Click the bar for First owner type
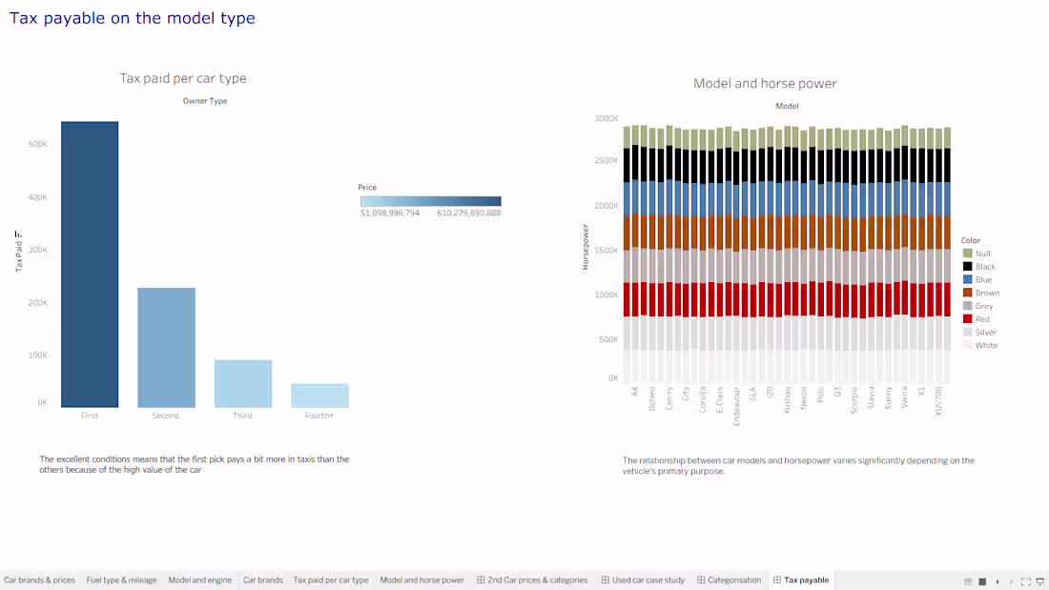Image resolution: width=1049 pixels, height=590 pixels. [90, 264]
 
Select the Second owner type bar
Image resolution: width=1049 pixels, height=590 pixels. [167, 348]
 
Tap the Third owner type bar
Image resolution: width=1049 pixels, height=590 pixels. [243, 383]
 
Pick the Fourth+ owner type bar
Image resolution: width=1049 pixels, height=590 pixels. [319, 396]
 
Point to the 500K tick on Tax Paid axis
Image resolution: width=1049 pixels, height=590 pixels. [37, 145]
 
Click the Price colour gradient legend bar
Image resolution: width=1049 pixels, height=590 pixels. [431, 201]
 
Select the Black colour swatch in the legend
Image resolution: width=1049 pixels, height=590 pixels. [967, 266]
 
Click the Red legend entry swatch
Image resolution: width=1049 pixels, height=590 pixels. [967, 319]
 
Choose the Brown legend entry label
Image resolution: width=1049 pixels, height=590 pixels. [987, 293]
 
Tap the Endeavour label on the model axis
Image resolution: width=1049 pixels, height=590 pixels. [736, 406]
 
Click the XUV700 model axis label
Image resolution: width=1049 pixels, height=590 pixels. [938, 401]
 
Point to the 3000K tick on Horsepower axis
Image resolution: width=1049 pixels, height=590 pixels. [607, 118]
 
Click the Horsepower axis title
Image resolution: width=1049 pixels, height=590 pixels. [586, 247]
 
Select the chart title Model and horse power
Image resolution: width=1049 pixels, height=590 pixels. [765, 84]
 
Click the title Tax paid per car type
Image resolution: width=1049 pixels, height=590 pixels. [183, 78]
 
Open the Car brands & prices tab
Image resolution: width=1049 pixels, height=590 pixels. [39, 580]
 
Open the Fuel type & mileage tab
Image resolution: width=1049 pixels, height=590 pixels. [121, 580]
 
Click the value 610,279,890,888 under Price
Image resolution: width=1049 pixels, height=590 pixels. [469, 214]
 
